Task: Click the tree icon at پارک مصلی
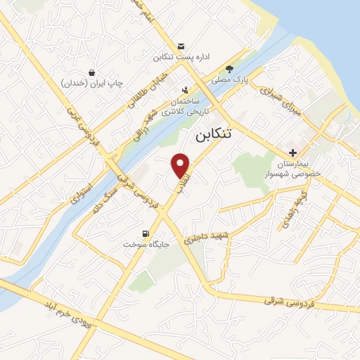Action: tap(230, 67)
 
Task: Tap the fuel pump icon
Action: tap(146, 234)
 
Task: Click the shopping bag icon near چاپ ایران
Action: tap(92, 72)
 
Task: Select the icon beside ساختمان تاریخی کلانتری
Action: tap(184, 90)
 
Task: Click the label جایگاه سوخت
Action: tap(146, 247)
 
